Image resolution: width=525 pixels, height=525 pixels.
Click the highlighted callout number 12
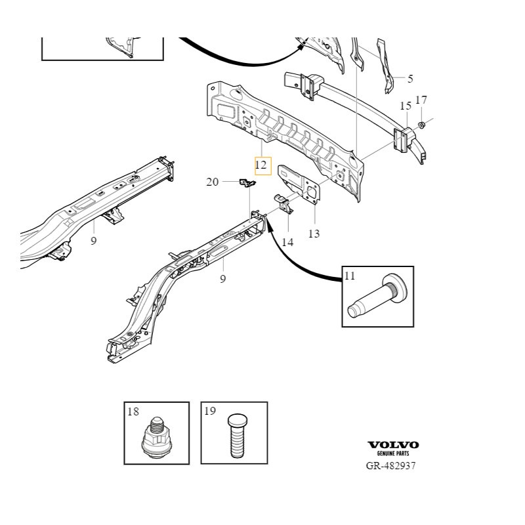click(262, 165)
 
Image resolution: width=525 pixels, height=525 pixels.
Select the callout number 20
click(212, 182)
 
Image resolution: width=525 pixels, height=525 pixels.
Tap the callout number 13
click(314, 233)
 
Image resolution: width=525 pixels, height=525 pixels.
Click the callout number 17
click(421, 100)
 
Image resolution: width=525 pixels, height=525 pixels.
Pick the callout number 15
click(405, 106)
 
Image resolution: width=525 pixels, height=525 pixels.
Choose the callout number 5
click(410, 79)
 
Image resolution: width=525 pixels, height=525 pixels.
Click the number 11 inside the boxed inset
click(350, 276)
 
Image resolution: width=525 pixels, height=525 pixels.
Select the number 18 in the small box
click(133, 411)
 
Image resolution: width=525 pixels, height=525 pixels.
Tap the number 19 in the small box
click(209, 411)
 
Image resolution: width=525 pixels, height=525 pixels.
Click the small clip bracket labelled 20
click(247, 183)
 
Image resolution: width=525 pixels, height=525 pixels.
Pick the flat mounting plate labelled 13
click(299, 181)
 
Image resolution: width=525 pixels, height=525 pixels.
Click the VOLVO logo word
click(392, 445)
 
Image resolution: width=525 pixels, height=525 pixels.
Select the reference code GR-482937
click(390, 465)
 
